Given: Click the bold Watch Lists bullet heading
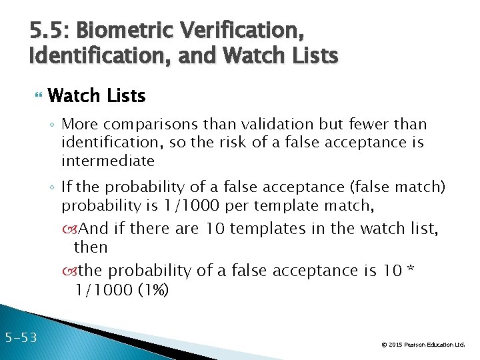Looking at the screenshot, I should click(x=97, y=96).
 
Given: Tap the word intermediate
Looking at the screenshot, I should click(x=108, y=161).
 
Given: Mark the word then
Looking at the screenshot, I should click(x=91, y=247).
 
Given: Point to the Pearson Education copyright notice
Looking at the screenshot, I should click(x=422, y=345).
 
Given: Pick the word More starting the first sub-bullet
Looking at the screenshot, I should click(x=79, y=125).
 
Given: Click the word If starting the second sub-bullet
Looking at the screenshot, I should click(x=67, y=186).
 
